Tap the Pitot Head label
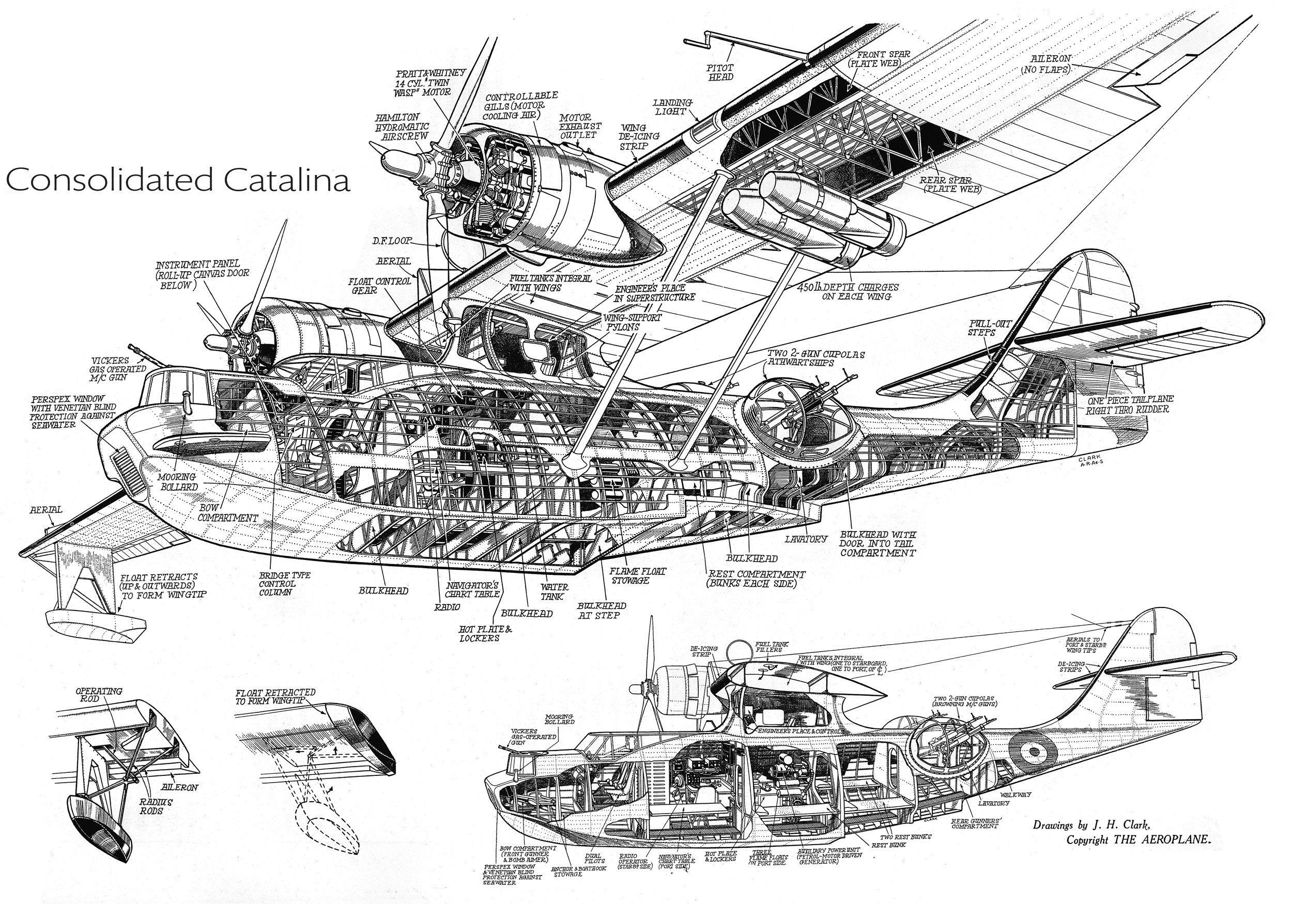[x=721, y=71]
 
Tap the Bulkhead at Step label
[x=602, y=611]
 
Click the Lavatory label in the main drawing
[x=806, y=538]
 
